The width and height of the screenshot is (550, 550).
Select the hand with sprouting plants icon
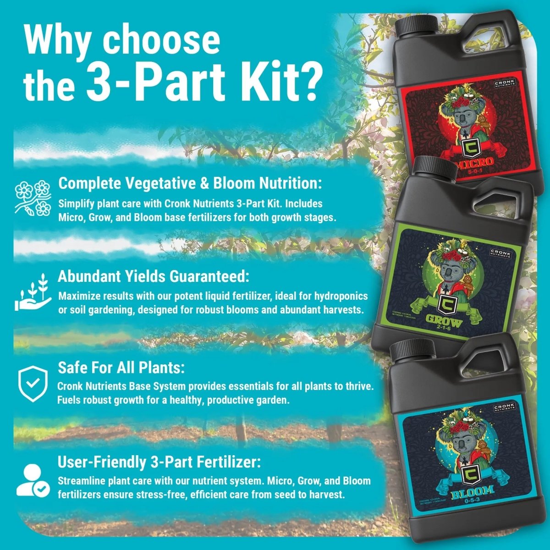[32, 292]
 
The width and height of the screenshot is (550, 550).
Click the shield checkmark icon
[32, 384]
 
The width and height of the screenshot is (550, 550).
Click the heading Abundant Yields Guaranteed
[154, 277]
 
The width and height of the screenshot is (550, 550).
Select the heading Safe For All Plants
[121, 368]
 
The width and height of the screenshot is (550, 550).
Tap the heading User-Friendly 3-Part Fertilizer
[159, 462]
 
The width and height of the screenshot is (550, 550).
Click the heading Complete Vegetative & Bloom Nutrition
[190, 184]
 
